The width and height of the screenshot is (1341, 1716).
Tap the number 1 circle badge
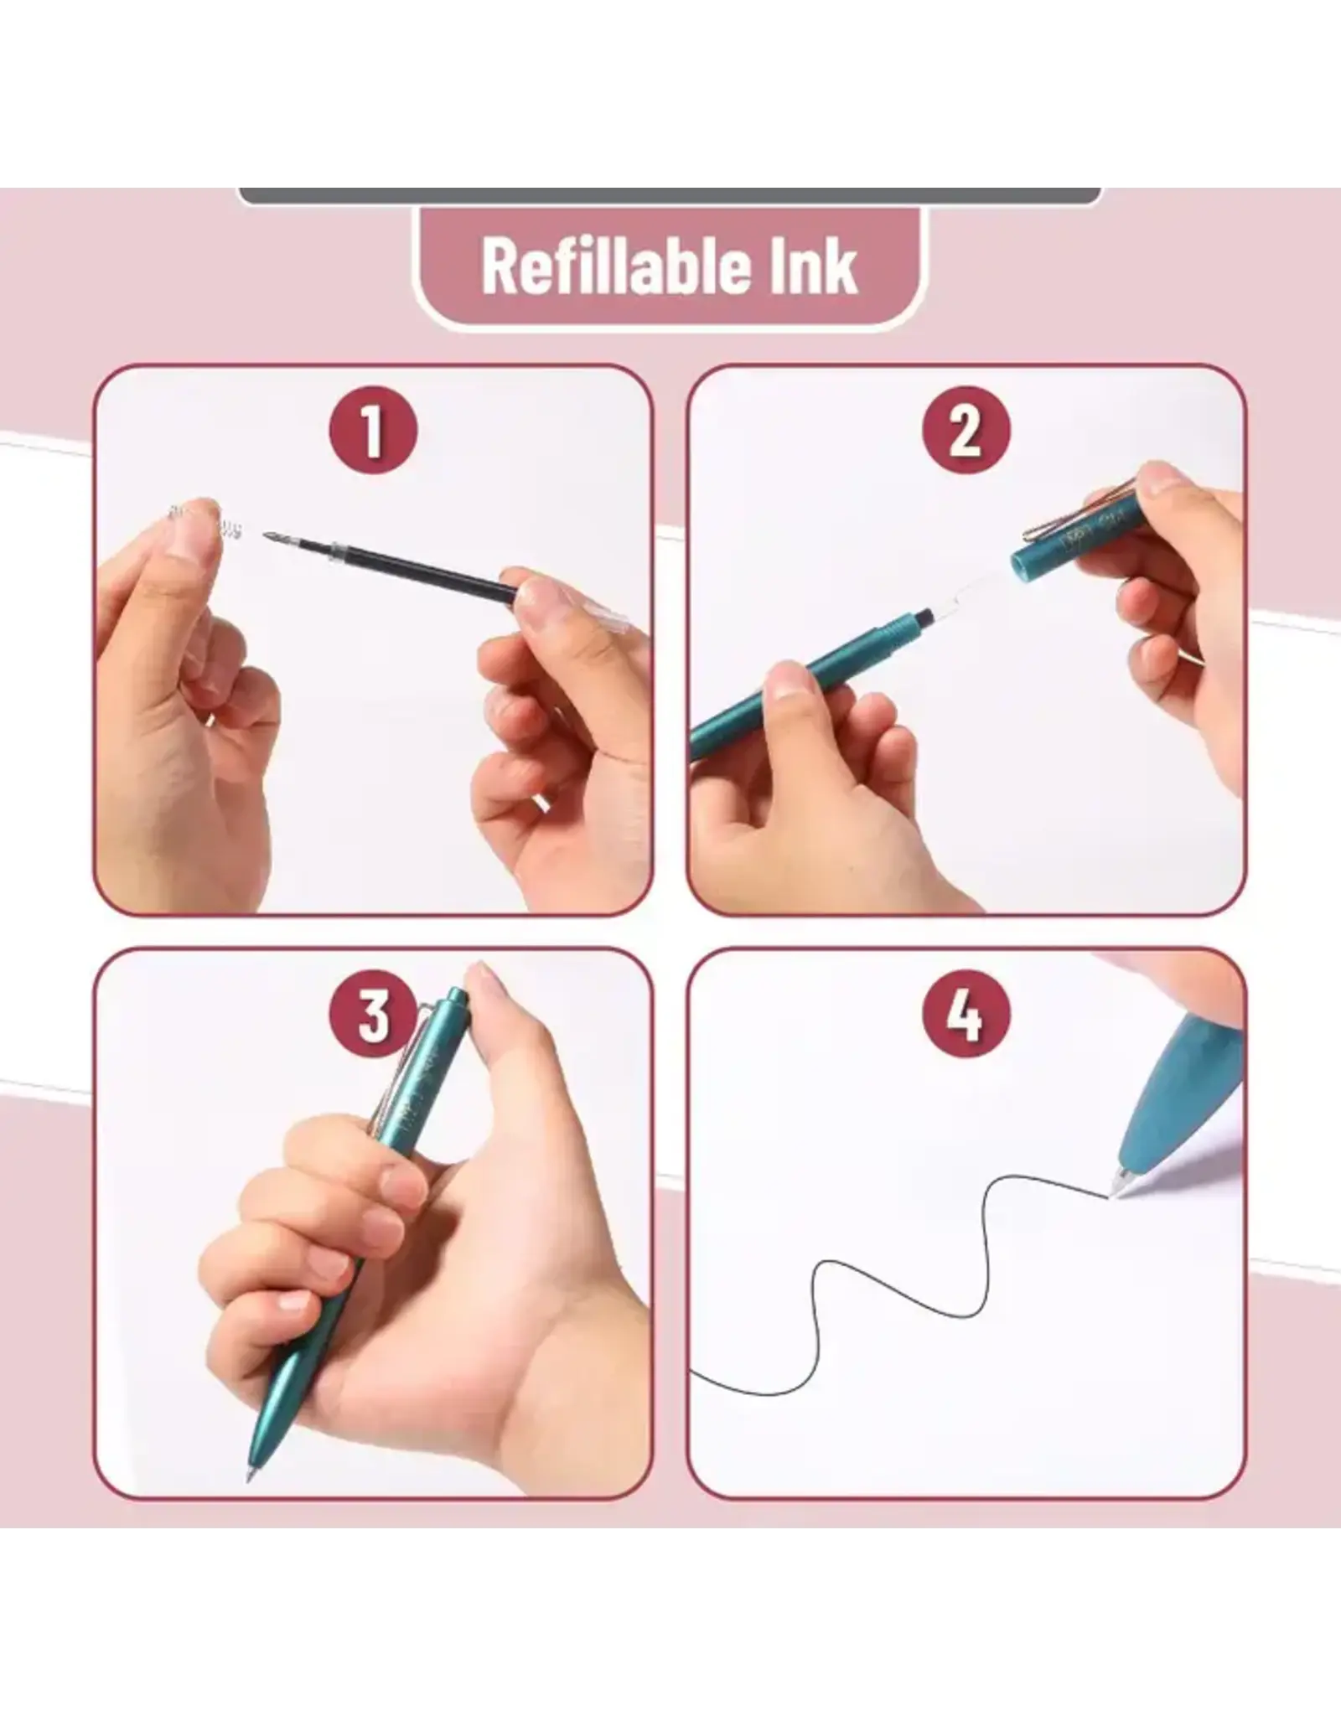[x=373, y=430]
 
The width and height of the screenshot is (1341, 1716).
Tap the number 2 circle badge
[x=966, y=430]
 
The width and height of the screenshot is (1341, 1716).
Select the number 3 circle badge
[x=373, y=1016]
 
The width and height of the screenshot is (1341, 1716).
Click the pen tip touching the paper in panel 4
[x=1116, y=1191]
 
